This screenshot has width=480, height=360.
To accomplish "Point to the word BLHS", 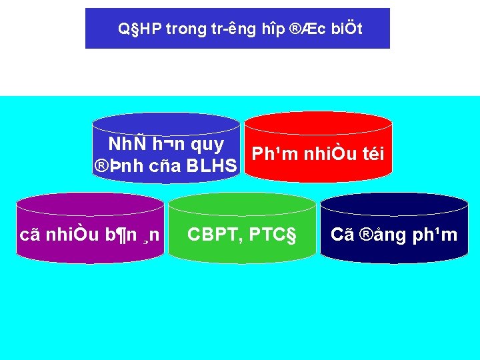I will click(211, 165).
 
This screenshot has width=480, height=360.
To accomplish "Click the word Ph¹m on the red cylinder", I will click(275, 154).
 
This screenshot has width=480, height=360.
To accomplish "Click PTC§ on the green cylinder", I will click(272, 234).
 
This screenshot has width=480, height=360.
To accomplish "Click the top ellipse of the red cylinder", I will click(317, 122).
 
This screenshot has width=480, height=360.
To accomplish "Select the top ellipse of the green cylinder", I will click(242, 204).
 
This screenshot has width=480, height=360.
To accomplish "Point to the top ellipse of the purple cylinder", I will click(90, 204).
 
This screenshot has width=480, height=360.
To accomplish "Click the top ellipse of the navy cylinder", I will click(394, 204).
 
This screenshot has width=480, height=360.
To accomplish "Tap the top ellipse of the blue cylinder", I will click(165, 123).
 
